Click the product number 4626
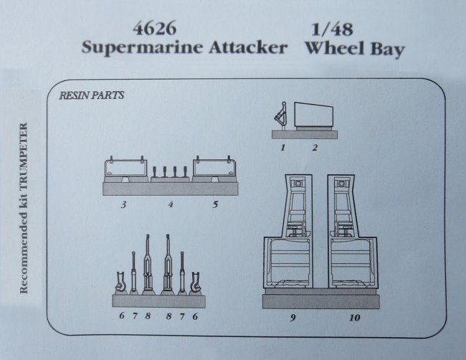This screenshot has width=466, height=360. tap(155, 29)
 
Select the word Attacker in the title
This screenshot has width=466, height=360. tap(248, 47)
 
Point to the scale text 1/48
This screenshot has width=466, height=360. tap(332, 29)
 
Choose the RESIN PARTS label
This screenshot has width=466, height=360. tap(92, 95)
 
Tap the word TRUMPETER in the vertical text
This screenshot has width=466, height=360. tap(24, 157)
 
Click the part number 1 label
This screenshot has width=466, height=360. tap(283, 148)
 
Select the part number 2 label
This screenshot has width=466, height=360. tap(315, 148)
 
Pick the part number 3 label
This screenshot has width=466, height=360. tap(123, 204)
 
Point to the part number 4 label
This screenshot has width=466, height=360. tap(171, 204)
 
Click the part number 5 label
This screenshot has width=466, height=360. tap(216, 204)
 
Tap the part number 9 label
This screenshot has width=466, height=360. tap(293, 318)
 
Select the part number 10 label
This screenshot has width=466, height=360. tap(355, 318)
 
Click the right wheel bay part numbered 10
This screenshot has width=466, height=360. tap(352, 232)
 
